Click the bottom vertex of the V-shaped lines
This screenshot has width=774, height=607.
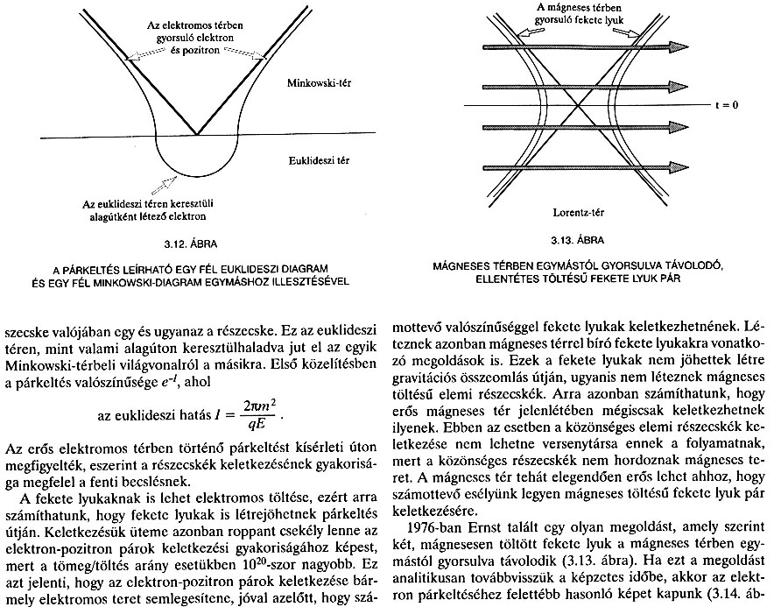point(198,134)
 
